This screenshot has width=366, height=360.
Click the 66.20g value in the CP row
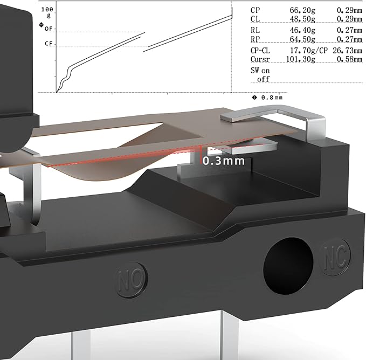click(302, 10)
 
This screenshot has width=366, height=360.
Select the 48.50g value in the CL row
click(302, 19)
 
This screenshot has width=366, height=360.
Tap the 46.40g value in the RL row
click(302, 30)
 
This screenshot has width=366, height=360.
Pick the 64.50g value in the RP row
click(302, 39)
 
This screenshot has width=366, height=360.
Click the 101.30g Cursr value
click(300, 59)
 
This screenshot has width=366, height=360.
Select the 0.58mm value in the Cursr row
click(349, 59)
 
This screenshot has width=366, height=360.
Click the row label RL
click(255, 30)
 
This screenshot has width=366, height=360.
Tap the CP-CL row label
click(260, 51)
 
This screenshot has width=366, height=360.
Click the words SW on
click(260, 71)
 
